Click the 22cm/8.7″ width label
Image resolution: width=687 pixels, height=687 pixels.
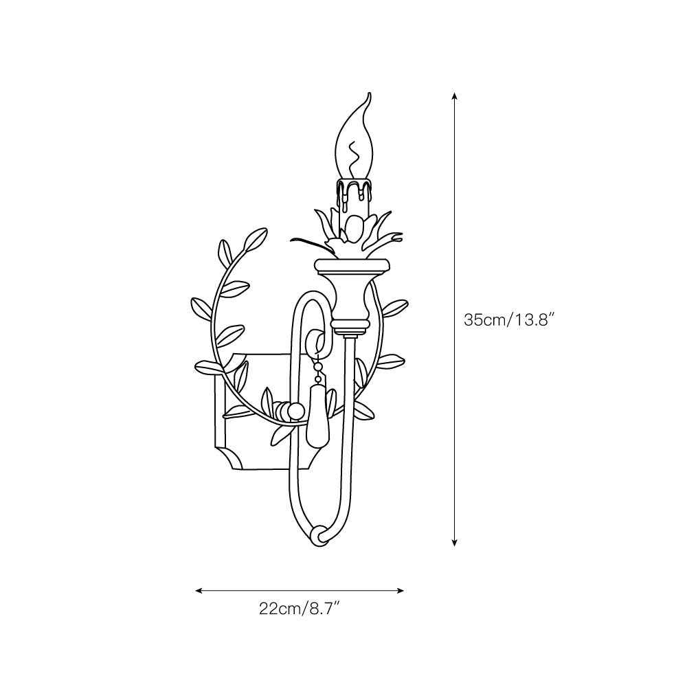coord(300,609)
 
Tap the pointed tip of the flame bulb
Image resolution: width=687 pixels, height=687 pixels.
coord(370,93)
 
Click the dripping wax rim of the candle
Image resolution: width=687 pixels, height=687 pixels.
coord(355,188)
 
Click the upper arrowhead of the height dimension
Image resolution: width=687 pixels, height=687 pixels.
coord(455,96)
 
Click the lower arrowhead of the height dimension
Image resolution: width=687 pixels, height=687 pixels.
coord(455,543)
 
